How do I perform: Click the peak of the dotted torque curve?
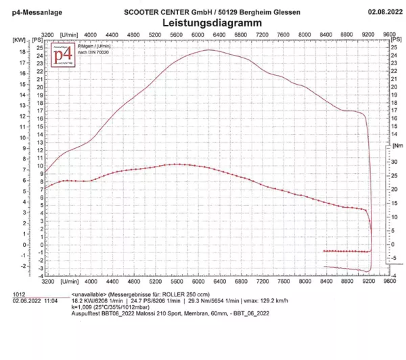pyautogui.click(x=177, y=164)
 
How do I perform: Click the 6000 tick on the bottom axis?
pyautogui.click(x=198, y=279)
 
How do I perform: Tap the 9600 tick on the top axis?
pyautogui.click(x=389, y=32)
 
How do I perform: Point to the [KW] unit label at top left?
pyautogui.click(x=18, y=40)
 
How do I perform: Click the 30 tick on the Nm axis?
pyautogui.click(x=394, y=162)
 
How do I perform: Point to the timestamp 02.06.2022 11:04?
pyautogui.click(x=34, y=301)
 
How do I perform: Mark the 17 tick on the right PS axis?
pyautogui.click(x=394, y=111)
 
